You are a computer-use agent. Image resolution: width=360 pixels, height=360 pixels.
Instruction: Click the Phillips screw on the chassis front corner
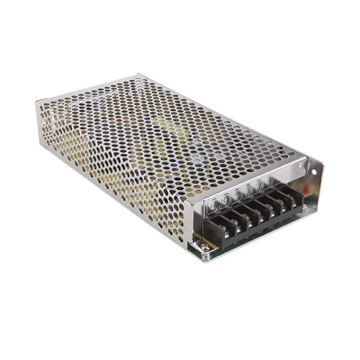tap(205, 248)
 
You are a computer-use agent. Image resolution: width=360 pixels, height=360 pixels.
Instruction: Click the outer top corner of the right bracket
tap(322, 161)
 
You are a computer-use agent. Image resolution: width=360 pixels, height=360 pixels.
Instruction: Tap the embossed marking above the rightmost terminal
tap(283, 174)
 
